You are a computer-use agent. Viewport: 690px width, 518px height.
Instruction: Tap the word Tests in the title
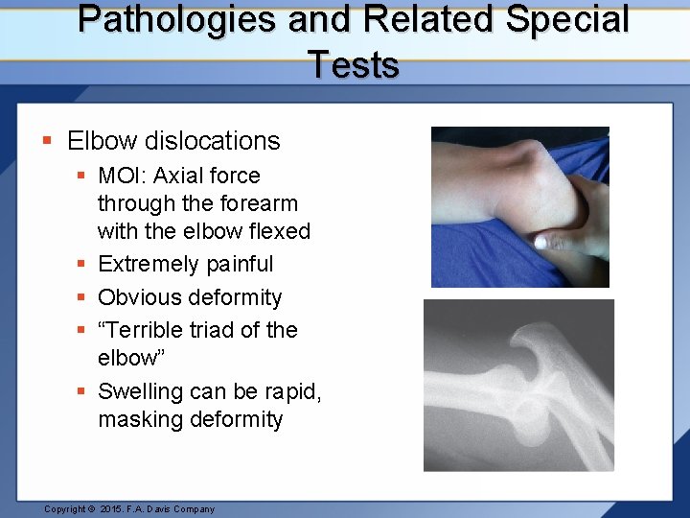(354, 65)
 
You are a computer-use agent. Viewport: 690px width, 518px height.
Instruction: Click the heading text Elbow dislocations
(173, 141)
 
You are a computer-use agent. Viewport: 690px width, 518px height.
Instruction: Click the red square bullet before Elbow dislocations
(47, 142)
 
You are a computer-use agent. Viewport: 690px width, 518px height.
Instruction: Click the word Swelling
(140, 391)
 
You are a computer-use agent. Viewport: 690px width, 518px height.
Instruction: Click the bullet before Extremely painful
(84, 264)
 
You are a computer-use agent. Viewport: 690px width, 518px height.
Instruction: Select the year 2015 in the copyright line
(113, 509)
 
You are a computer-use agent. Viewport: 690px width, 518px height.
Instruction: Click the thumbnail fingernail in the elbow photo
(542, 243)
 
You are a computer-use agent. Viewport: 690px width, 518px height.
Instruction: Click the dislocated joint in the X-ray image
(532, 379)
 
